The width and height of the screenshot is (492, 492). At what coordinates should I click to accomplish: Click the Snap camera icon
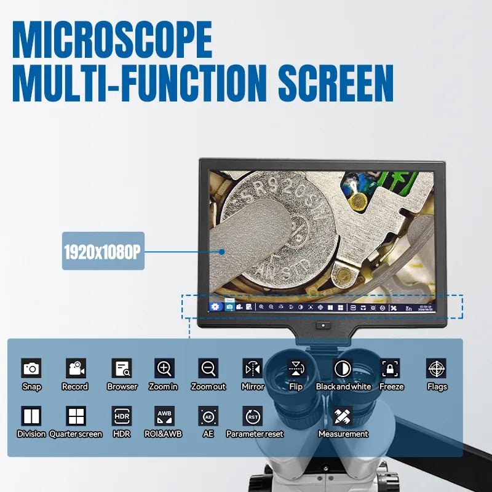[x=31, y=368]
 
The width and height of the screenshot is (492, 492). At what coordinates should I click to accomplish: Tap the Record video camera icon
[x=76, y=368]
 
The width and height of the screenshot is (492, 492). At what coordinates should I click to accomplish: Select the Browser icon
[x=122, y=368]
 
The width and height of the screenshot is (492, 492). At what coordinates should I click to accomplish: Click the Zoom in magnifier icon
[x=164, y=368]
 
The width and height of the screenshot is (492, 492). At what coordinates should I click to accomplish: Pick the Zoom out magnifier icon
[x=208, y=368]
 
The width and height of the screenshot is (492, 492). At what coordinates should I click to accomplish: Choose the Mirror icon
[x=252, y=368]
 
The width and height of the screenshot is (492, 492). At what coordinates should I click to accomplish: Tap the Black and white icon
[x=343, y=368]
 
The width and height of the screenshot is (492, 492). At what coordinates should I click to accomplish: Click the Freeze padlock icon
[x=391, y=368]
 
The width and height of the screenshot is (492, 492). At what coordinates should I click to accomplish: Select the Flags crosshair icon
[x=436, y=368]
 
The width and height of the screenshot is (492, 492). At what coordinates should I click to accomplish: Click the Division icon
[x=31, y=416]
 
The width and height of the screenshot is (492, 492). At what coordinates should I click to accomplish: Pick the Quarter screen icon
[x=76, y=416]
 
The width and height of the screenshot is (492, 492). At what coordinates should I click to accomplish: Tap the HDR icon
[x=122, y=416]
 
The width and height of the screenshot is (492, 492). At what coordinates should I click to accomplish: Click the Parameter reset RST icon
[x=252, y=416]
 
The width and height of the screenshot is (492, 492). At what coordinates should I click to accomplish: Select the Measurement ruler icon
[x=343, y=416]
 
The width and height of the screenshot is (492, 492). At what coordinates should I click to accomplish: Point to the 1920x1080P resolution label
[x=103, y=251]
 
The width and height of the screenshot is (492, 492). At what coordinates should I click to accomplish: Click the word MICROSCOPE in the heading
[x=113, y=40]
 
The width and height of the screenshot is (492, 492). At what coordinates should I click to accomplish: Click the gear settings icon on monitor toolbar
[x=215, y=306]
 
